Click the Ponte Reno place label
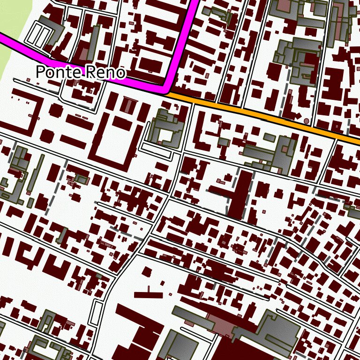click(81, 72)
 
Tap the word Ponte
click(59, 72)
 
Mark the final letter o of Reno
click(121, 73)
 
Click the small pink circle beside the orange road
click(307, 121)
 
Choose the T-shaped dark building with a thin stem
click(149, 294)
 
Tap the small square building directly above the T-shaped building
click(147, 271)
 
